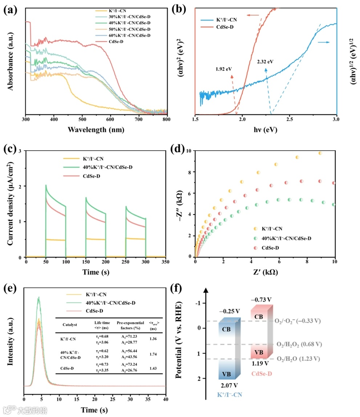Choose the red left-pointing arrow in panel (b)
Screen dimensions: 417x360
[x=253, y=15]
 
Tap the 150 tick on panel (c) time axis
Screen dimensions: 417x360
[x=86, y=262]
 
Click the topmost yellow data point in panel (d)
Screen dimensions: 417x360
[x=320, y=153]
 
